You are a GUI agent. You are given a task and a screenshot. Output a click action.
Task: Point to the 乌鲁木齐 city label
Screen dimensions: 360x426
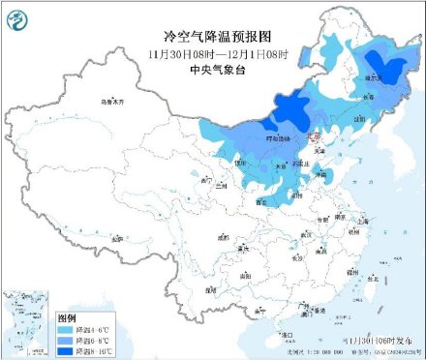[114, 102]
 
